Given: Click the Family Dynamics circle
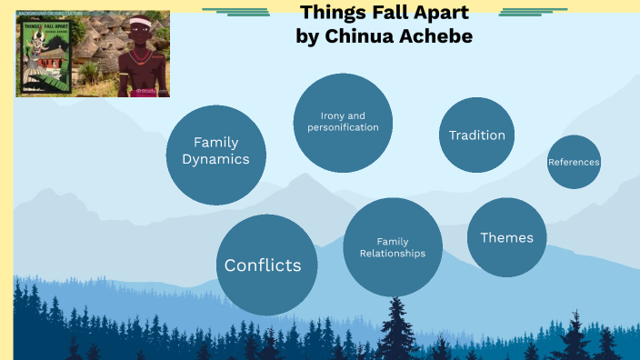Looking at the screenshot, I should (x=216, y=155).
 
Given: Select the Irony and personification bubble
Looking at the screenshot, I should (x=343, y=122).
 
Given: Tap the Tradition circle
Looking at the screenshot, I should (x=477, y=135).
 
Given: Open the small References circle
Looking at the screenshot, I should (x=574, y=162).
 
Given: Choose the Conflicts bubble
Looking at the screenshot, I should (x=266, y=265).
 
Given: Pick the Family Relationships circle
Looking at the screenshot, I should (x=393, y=246).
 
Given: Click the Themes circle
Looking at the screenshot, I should (x=506, y=237).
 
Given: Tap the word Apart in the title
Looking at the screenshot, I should (x=440, y=13).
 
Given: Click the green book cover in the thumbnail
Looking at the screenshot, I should (x=43, y=55).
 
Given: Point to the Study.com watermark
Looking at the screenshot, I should (x=146, y=90).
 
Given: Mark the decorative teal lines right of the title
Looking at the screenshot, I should (x=521, y=12).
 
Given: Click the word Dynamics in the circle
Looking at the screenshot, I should (x=216, y=159).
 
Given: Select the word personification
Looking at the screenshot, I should (x=343, y=127).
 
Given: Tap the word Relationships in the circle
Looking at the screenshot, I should (x=393, y=253).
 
